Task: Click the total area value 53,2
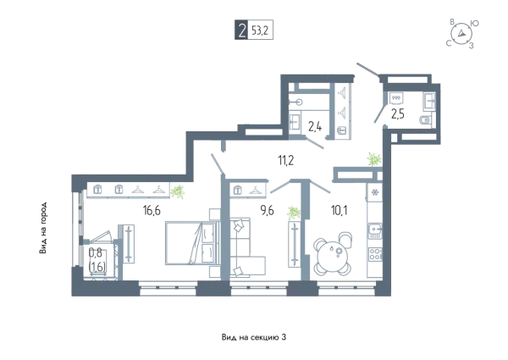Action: [x=260, y=31]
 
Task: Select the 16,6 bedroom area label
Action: [x=152, y=211]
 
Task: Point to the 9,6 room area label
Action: [x=268, y=211]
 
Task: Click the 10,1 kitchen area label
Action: [x=340, y=211]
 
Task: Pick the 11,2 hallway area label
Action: [x=286, y=160]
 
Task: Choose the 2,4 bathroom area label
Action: [x=315, y=127]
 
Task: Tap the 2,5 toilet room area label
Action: [x=398, y=114]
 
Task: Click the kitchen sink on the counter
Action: [x=375, y=231]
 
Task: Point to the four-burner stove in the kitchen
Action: [x=375, y=253]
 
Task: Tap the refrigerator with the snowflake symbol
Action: [x=375, y=192]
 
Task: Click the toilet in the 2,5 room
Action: [x=425, y=120]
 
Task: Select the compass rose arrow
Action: [x=461, y=33]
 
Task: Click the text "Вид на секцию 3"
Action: [x=254, y=337]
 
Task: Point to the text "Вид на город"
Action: [x=43, y=228]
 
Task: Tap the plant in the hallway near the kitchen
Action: [x=374, y=159]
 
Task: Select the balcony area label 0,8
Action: [x=93, y=253]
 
